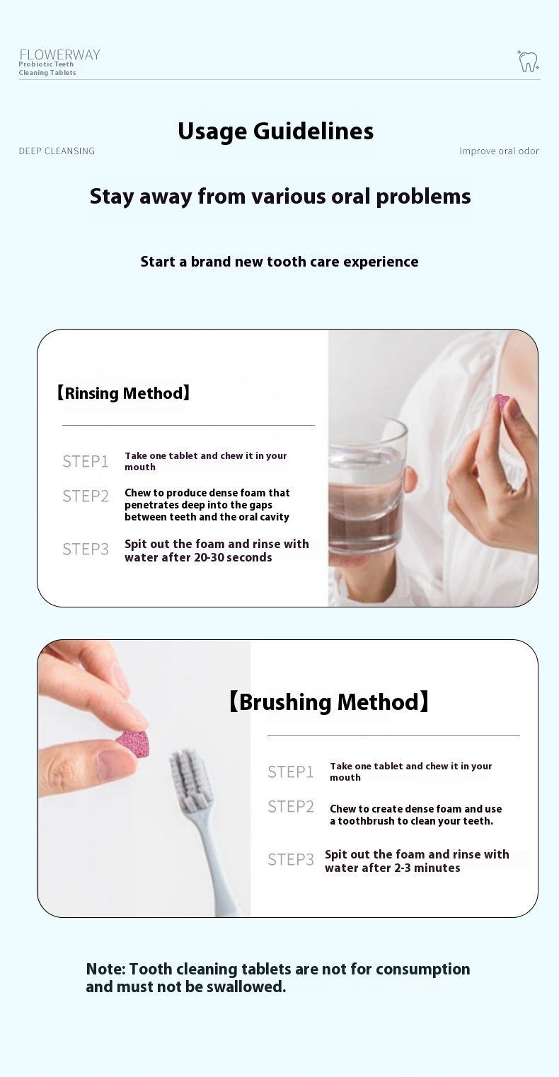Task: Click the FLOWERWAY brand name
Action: pos(59,55)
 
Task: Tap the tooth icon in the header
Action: pos(528,61)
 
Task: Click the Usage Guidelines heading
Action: pos(276,132)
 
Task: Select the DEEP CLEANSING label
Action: pos(57,151)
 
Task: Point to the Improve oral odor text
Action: pos(499,151)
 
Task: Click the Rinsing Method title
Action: pos(124,393)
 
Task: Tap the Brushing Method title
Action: pos(328,702)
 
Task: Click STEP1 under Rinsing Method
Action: pos(86,462)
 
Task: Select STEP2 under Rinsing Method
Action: pos(86,496)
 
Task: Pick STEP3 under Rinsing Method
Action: pos(86,549)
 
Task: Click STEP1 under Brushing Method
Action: pos(291,772)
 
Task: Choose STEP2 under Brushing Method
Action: pos(291,807)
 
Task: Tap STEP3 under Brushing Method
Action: pos(291,860)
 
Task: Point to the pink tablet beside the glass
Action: pos(502,403)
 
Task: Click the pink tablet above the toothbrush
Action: pos(132,743)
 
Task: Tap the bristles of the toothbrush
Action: pos(188,775)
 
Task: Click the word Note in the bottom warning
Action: pos(105,970)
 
